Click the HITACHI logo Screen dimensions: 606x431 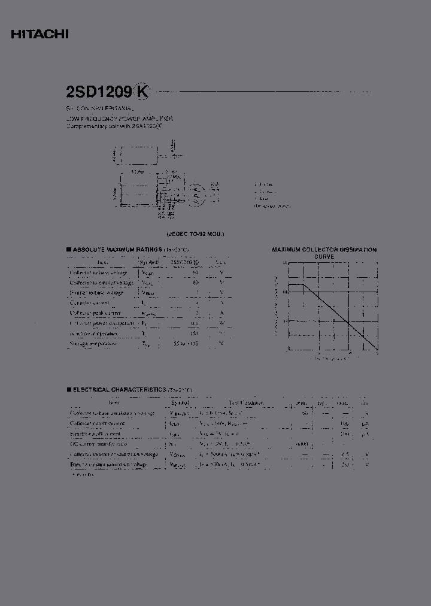pyautogui.click(x=40, y=35)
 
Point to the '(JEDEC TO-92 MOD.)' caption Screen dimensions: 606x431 pyautogui.click(x=196, y=234)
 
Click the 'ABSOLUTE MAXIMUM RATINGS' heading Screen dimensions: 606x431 pyautogui.click(x=116, y=249)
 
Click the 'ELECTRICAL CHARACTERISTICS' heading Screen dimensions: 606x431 pyautogui.click(x=120, y=389)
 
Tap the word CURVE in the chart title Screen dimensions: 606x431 pyautogui.click(x=324, y=256)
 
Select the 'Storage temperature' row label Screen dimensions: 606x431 pyautogui.click(x=93, y=344)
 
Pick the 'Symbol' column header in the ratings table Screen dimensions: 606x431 pyautogui.click(x=149, y=262)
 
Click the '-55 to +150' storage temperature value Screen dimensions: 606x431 pyautogui.click(x=186, y=344)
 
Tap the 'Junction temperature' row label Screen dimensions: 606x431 pyautogui.click(x=94, y=334)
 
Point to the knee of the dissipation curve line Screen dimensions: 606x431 pyautogui.click(x=304, y=284)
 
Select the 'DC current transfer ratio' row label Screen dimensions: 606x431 pyautogui.click(x=98, y=444)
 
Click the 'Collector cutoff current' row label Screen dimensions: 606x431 pyautogui.click(x=97, y=423)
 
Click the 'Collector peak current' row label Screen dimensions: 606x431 pyautogui.click(x=95, y=313)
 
